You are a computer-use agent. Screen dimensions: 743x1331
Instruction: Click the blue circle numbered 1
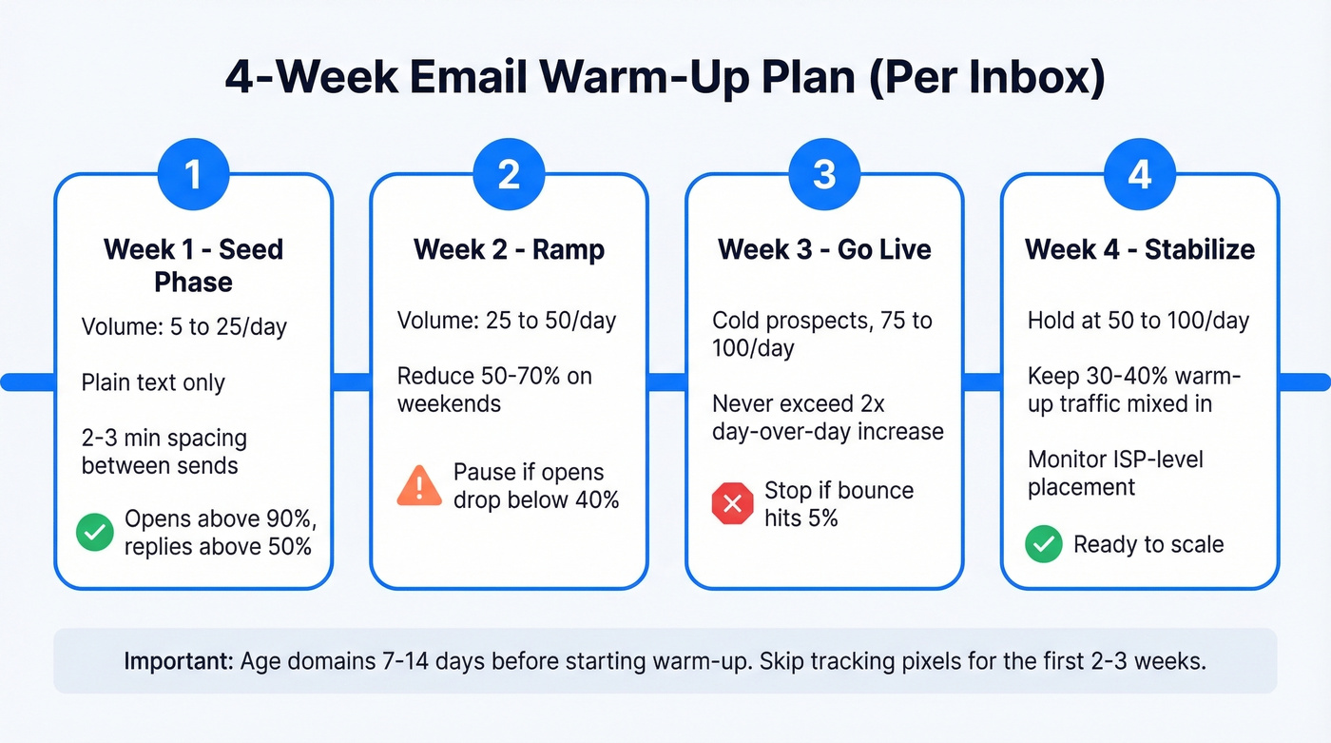click(x=193, y=175)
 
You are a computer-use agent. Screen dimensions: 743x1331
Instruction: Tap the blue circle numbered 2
click(x=509, y=175)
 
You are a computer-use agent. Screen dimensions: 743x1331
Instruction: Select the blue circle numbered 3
click(x=824, y=175)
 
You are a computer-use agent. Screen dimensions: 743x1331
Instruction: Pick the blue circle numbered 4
click(x=1140, y=175)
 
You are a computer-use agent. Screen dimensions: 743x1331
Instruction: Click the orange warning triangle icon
click(x=418, y=486)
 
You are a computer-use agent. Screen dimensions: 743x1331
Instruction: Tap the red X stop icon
click(x=732, y=504)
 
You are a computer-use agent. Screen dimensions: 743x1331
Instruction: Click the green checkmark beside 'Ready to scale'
click(x=1044, y=545)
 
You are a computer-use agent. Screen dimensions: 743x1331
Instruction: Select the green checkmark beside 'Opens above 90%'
click(x=95, y=533)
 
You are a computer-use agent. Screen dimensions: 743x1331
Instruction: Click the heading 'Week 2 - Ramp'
click(x=509, y=250)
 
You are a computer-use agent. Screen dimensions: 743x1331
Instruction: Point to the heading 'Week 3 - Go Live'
click(x=824, y=250)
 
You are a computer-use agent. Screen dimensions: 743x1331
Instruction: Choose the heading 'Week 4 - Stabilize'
click(x=1140, y=250)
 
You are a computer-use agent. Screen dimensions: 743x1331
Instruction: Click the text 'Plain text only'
click(x=153, y=383)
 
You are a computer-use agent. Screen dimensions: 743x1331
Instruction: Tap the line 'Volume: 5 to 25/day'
click(x=184, y=328)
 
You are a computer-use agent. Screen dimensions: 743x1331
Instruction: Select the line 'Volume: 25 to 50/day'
click(x=507, y=321)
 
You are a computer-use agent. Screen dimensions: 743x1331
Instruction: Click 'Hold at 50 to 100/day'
click(x=1138, y=321)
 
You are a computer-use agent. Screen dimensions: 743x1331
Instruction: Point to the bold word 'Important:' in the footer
click(x=178, y=661)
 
